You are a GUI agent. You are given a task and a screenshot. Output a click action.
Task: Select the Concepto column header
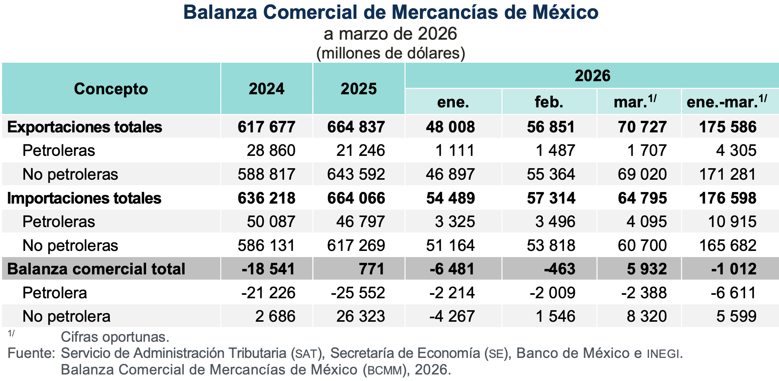tap(111, 89)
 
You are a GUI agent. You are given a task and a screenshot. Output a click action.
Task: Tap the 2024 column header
tap(266, 89)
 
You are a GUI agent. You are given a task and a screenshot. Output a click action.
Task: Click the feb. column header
tap(549, 102)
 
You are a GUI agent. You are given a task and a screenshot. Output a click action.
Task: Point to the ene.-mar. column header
tap(727, 102)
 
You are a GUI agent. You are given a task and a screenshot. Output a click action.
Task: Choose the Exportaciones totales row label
tap(85, 127)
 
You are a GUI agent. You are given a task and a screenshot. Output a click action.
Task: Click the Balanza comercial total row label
tap(96, 269)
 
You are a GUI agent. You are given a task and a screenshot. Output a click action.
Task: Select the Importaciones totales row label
tap(84, 198)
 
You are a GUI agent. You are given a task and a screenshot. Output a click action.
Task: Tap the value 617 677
tap(266, 127)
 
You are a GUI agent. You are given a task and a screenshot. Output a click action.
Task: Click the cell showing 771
tap(372, 269)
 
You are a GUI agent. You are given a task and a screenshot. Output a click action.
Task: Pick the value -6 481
tap(452, 269)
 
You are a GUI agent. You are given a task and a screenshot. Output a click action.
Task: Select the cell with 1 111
tap(455, 150)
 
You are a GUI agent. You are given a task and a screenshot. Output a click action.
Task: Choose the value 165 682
tap(727, 246)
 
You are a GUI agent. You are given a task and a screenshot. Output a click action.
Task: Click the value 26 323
tap(360, 316)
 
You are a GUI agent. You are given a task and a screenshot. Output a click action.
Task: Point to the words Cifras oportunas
tap(115, 337)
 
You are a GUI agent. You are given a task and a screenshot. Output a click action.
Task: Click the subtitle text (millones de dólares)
tap(390, 53)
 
